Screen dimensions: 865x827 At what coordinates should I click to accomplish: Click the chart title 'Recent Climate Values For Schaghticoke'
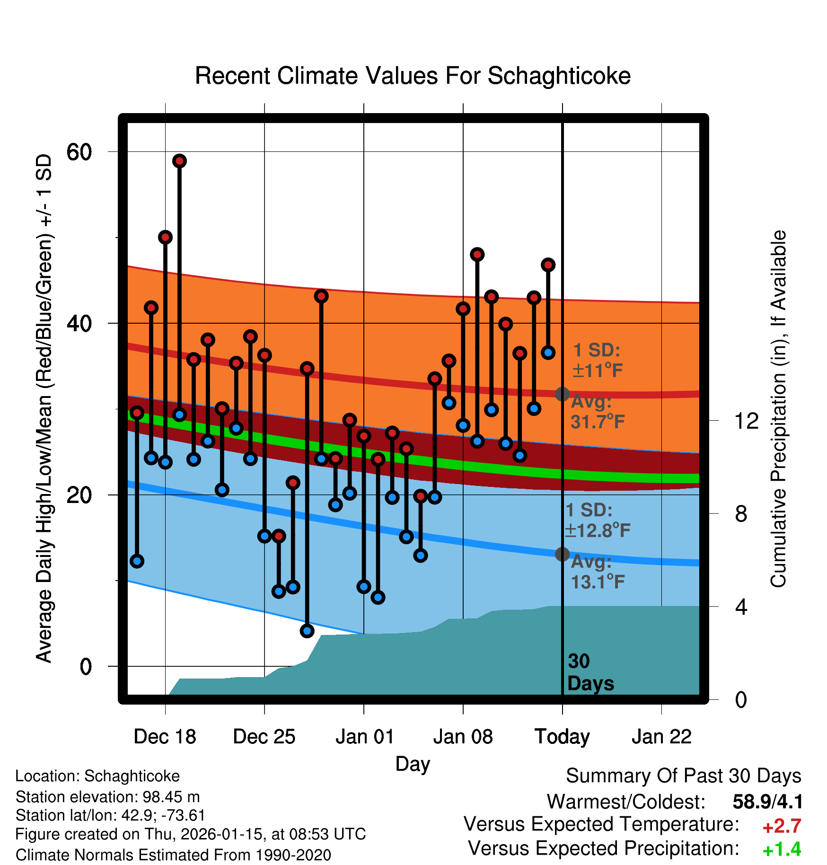tap(413, 76)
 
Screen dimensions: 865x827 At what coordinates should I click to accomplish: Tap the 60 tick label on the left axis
tap(79, 152)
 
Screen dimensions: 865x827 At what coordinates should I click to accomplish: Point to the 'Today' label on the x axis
tap(562, 737)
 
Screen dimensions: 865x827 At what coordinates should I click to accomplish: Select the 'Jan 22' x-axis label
tap(661, 737)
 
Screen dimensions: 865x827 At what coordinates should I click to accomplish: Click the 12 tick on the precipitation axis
tap(746, 421)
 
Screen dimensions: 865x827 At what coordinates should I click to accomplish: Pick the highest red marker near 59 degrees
tap(179, 161)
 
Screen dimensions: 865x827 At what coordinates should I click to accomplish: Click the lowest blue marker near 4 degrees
tap(307, 631)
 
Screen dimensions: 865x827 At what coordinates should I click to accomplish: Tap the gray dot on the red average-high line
tap(562, 394)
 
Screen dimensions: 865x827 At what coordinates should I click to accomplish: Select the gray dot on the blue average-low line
tap(562, 554)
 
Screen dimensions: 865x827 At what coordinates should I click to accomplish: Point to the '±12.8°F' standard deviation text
tap(597, 530)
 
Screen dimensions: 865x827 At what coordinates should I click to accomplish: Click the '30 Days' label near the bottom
tap(590, 672)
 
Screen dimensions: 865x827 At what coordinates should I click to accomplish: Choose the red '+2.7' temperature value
tap(782, 826)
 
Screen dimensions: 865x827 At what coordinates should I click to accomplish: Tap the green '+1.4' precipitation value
tap(782, 850)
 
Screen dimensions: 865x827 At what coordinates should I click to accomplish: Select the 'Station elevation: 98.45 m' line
tap(107, 797)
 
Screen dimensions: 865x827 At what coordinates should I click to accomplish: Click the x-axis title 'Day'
tap(413, 764)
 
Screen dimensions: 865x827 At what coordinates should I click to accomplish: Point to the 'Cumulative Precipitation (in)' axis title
tap(778, 409)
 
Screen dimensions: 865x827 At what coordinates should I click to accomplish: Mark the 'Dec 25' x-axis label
tap(264, 737)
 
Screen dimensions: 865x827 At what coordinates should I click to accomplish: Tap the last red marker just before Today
tap(548, 265)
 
